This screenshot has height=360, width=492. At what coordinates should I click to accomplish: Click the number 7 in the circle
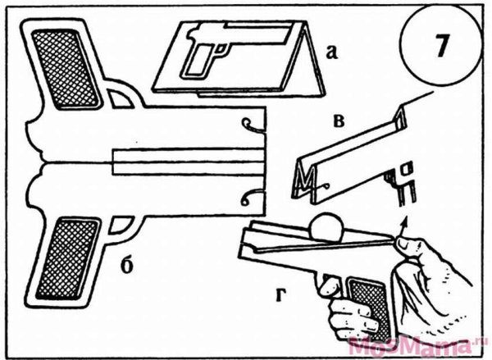[441, 46]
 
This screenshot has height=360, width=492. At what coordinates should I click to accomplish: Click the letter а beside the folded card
[332, 52]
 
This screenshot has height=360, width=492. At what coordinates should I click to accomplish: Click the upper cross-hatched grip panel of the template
[66, 68]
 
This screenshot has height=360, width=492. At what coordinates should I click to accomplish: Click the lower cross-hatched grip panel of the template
[67, 258]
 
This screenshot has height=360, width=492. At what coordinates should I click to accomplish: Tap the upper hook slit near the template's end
[253, 125]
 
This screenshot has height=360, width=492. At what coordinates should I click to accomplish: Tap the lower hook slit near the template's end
[251, 198]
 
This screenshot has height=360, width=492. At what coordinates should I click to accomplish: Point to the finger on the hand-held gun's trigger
[328, 286]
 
